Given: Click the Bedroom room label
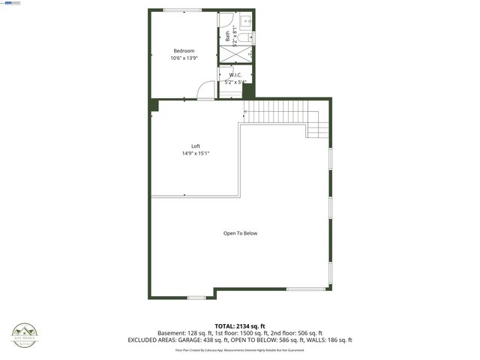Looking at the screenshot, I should click(184, 50).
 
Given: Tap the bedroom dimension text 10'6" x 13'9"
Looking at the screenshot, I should click(184, 58).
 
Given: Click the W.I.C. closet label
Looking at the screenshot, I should click(235, 75).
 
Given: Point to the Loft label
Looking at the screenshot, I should click(196, 145).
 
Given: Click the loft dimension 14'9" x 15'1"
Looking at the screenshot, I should click(196, 153).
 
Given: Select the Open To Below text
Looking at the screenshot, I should click(240, 233).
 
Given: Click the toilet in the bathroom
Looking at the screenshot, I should click(248, 21).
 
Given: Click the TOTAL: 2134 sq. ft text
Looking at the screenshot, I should click(240, 325).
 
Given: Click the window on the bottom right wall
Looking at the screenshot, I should click(306, 289).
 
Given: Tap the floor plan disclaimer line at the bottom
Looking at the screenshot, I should click(240, 349).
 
